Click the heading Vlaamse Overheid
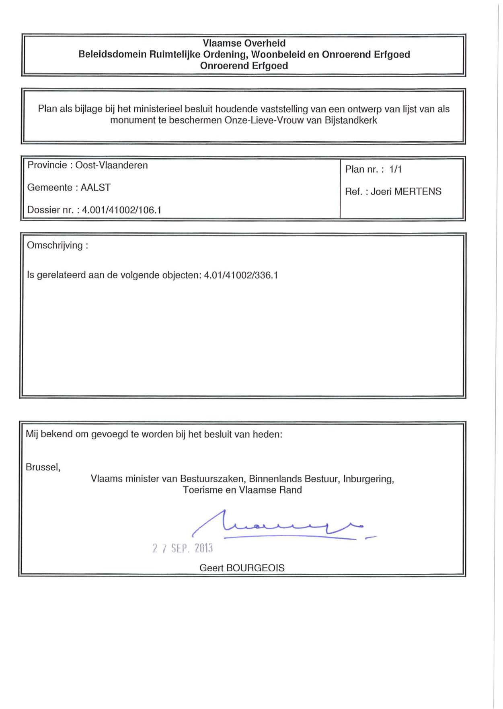click(x=244, y=43)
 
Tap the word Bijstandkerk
click(x=351, y=120)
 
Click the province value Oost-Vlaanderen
click(x=111, y=165)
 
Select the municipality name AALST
click(x=95, y=188)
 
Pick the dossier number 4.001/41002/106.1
click(x=121, y=210)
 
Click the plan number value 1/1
click(x=395, y=169)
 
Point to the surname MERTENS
click(x=418, y=192)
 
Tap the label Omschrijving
click(x=55, y=246)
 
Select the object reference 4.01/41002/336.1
click(x=241, y=275)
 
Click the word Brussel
click(x=43, y=467)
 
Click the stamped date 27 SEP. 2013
click(x=182, y=548)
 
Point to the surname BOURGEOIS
click(x=255, y=568)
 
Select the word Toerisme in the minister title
click(x=201, y=490)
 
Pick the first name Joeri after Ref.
click(x=381, y=192)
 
